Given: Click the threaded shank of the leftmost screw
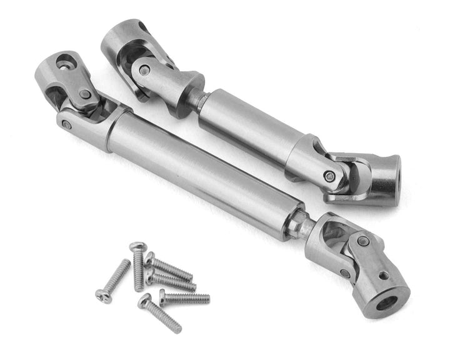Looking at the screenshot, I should click(119, 275).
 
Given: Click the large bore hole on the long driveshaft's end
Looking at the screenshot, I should click(389, 303).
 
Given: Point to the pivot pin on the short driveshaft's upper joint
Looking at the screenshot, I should click(144, 71).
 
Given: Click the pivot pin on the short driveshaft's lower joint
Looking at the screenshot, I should click(329, 176).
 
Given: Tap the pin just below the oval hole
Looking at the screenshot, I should click(85, 94).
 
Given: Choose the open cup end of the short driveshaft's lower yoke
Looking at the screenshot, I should click(386, 171).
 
